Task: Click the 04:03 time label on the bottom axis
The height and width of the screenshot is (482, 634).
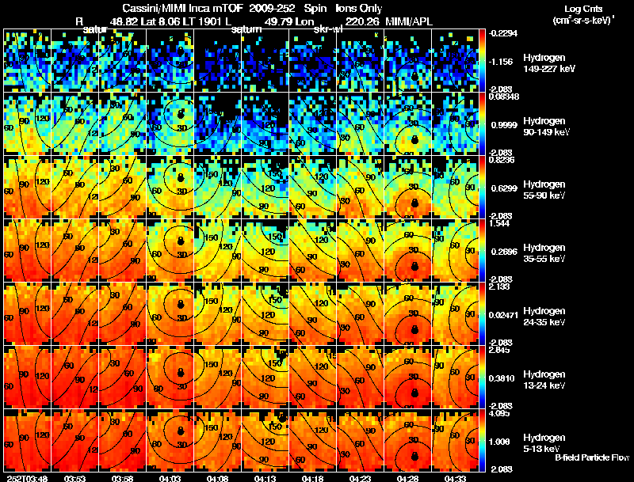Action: (170, 478)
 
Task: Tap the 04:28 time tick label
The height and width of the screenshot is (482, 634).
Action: (406, 478)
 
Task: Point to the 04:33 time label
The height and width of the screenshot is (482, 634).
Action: (454, 478)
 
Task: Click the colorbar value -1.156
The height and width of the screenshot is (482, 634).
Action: (502, 61)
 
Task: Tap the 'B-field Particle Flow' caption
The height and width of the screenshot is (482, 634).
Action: (592, 457)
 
